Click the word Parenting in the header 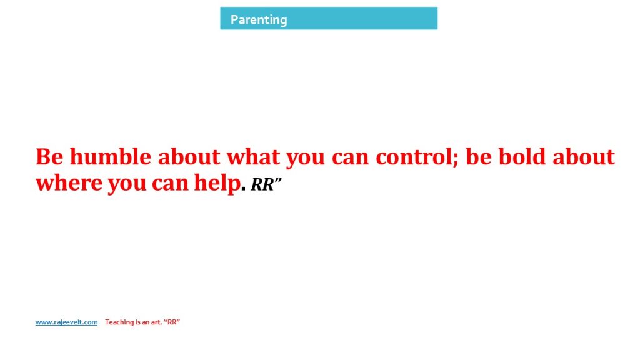pos(259,19)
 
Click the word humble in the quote pos(110,156)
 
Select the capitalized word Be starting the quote pos(49,156)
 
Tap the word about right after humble pos(189,157)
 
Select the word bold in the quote pos(522,156)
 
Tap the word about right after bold pos(584,157)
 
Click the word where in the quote pos(69,183)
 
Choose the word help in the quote pos(217,184)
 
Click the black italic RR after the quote pos(262,184)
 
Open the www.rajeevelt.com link pos(66,322)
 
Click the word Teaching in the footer pos(119,322)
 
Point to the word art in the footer pos(156,322)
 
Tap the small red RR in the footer pos(172,322)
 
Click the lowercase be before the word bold pos(479,156)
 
